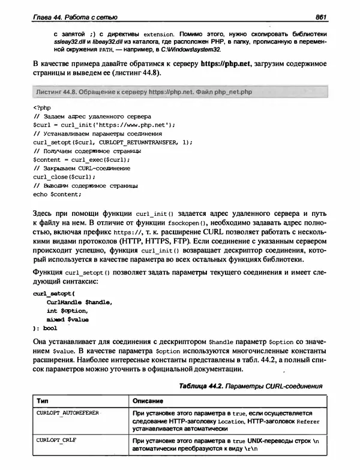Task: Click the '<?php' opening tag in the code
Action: point(41,108)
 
